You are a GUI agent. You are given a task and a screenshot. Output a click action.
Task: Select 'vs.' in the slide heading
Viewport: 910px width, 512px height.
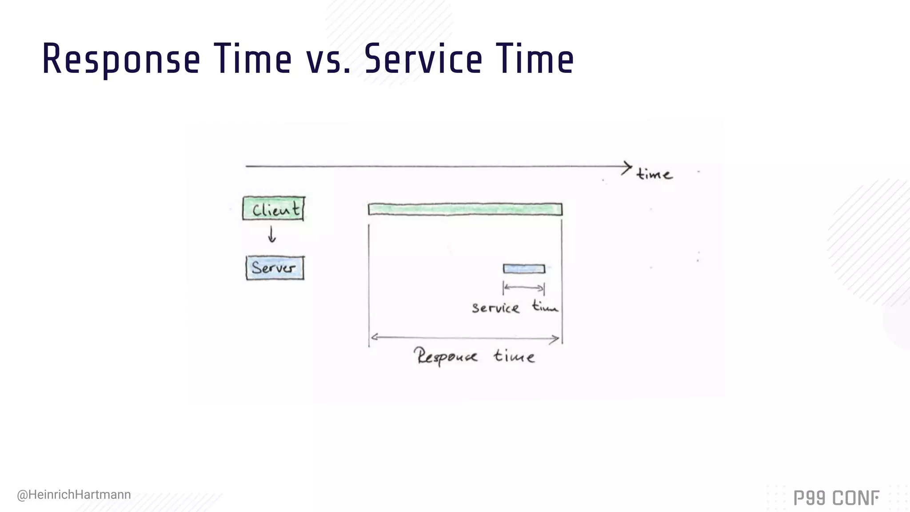[x=328, y=60]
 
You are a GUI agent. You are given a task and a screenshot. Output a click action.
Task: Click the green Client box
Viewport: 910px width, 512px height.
[x=274, y=208]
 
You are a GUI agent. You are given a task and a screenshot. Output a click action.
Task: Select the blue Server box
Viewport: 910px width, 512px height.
[x=275, y=268]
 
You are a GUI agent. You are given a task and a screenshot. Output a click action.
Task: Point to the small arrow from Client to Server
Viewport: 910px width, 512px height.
[x=272, y=234]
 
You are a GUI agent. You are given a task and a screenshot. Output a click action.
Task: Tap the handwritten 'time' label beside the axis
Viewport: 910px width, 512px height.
[x=654, y=173]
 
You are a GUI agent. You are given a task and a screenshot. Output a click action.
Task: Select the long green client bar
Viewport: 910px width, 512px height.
[x=465, y=209]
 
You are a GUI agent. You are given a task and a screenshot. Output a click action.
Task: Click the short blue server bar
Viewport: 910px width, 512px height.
[x=524, y=268]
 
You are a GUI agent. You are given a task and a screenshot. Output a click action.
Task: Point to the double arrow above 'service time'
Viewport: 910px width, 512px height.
[x=524, y=288]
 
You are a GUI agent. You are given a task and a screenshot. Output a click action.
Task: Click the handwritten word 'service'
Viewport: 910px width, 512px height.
[x=495, y=308]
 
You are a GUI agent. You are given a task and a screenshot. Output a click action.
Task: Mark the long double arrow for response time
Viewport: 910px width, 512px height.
[x=465, y=339]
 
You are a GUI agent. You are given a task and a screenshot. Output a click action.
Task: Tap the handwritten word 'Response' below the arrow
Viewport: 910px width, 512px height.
[x=446, y=356]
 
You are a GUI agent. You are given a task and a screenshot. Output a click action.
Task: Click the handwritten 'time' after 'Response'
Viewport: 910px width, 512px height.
[x=514, y=356]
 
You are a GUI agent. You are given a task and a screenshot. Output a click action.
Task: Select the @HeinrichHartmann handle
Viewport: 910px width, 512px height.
[x=74, y=495]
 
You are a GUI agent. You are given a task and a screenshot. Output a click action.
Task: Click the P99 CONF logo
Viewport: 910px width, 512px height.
[x=836, y=498]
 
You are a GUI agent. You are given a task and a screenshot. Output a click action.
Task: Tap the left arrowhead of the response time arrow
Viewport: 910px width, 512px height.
[x=374, y=337]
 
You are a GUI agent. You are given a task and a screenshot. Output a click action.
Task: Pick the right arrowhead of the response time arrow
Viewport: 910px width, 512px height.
[x=556, y=340]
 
